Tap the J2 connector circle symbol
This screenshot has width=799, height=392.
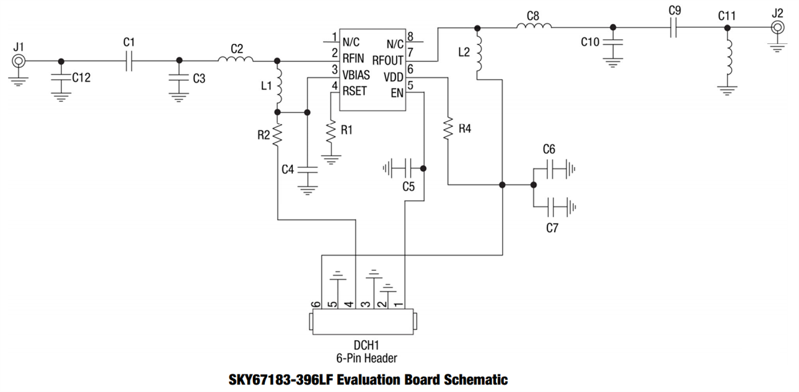coord(777,27)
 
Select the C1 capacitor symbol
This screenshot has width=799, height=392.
coord(129,61)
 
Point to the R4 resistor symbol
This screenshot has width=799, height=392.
coord(449,128)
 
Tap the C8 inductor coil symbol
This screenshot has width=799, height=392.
coord(533,27)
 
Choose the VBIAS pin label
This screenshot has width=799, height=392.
coord(356,75)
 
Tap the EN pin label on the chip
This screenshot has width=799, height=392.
coord(397,91)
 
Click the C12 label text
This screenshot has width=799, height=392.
coord(81,77)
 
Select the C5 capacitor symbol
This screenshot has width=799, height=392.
coord(408,168)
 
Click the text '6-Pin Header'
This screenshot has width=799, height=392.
coord(366,358)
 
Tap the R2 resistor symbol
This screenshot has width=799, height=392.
coord(278,135)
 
